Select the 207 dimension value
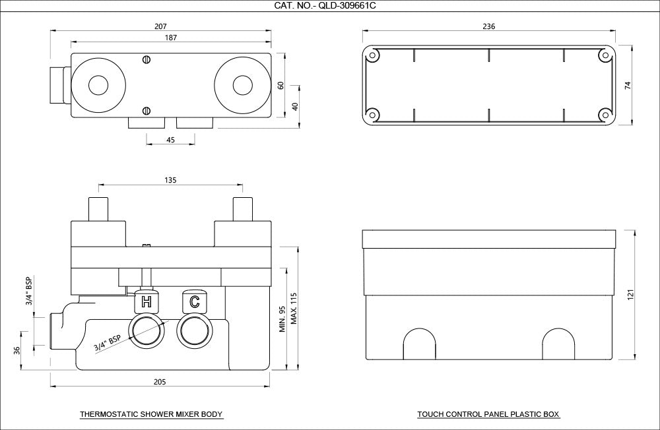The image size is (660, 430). click(160, 26)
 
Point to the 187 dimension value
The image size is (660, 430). click(170, 38)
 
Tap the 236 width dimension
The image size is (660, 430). click(488, 26)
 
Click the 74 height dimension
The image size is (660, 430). click(628, 86)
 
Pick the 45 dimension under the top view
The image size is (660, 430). click(170, 140)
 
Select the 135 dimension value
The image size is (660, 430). click(170, 180)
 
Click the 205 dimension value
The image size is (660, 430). click(160, 382)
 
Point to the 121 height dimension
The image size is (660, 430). click(630, 295)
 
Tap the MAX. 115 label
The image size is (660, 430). click(294, 309)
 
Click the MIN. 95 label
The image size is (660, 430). click(282, 319)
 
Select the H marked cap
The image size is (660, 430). click(146, 301)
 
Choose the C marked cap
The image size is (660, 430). click(194, 301)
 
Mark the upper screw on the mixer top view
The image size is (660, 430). click(147, 60)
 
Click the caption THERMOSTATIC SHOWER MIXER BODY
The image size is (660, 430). click(151, 414)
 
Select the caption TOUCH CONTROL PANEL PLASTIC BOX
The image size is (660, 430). click(488, 414)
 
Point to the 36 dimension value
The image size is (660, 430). click(17, 350)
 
